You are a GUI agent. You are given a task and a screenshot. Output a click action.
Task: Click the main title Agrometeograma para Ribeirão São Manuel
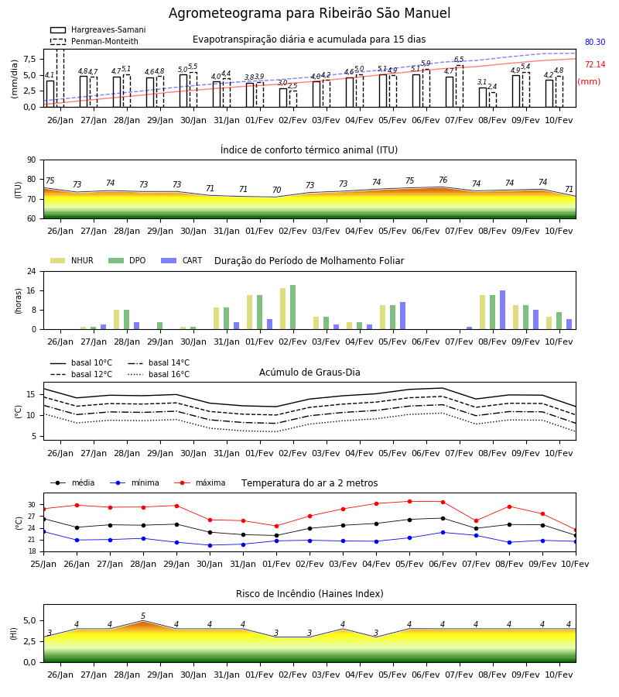309,13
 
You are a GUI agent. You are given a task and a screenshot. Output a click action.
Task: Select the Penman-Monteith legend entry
94,41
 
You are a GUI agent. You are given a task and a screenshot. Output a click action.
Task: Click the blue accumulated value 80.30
595,43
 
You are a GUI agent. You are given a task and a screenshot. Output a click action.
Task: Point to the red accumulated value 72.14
595,65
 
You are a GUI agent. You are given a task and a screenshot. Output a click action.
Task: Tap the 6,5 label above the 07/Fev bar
459,60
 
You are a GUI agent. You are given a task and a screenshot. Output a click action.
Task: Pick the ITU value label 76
443,180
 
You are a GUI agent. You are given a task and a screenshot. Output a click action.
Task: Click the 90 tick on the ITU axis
32,160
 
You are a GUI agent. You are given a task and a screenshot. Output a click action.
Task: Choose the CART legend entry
182,260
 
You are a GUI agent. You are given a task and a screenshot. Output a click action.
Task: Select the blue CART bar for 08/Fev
503,310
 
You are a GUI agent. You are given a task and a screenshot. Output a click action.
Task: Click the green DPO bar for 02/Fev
292,307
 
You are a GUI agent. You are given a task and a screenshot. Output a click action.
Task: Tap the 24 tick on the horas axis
32,271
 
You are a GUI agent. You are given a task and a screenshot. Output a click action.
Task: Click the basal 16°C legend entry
159,374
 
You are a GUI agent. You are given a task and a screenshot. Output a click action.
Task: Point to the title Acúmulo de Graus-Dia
309,373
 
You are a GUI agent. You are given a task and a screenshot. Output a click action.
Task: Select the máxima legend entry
200,482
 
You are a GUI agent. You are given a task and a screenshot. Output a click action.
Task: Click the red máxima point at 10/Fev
576,530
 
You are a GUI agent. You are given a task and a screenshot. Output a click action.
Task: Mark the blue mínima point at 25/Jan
43,531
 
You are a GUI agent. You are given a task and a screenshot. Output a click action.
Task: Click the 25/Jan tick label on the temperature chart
43,564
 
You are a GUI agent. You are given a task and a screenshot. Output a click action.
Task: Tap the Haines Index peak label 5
143,616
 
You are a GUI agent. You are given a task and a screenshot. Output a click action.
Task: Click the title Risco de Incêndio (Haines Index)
309,594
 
